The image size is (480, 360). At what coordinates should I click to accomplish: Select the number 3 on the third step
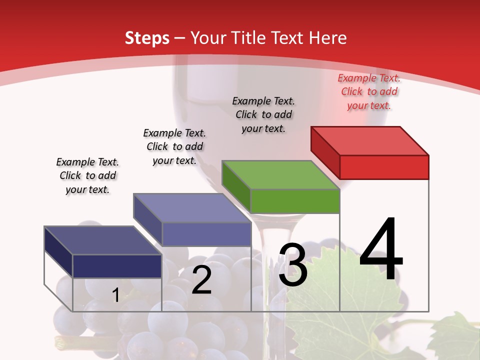[293, 265]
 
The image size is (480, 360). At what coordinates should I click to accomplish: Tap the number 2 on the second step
[201, 280]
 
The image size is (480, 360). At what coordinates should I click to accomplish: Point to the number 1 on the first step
[115, 295]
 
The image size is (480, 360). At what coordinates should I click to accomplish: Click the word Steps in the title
[147, 38]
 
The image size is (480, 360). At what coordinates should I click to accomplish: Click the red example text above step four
[369, 91]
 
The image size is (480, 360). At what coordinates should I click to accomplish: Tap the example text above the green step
[263, 114]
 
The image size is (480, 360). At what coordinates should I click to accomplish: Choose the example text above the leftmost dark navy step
[87, 175]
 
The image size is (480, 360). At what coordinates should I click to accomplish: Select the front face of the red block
[384, 167]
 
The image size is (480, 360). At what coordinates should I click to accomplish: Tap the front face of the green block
[295, 201]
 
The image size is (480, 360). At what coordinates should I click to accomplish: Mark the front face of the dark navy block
[117, 266]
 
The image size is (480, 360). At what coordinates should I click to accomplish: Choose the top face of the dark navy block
[102, 240]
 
